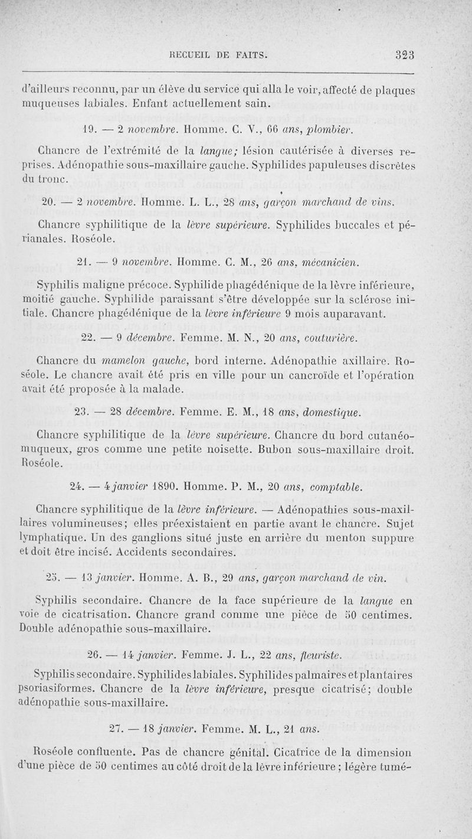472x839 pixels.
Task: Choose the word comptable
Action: pos(336,489)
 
